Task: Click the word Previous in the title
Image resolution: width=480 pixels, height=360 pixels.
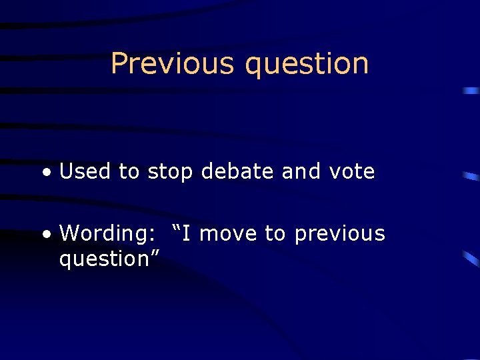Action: (173, 63)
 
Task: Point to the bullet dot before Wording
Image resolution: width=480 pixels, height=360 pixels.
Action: (46, 235)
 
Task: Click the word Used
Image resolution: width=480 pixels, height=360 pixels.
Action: (85, 172)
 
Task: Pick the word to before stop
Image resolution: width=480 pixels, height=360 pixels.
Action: (129, 172)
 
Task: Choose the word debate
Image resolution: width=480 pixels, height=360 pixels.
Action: (237, 172)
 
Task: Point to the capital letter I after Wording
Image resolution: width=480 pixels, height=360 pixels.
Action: (188, 233)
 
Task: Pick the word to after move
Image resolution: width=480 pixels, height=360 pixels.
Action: (275, 234)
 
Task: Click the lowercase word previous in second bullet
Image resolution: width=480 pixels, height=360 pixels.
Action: (339, 235)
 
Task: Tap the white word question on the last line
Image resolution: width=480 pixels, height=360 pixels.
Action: (104, 259)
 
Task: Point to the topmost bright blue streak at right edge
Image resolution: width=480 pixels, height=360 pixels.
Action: (471, 90)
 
